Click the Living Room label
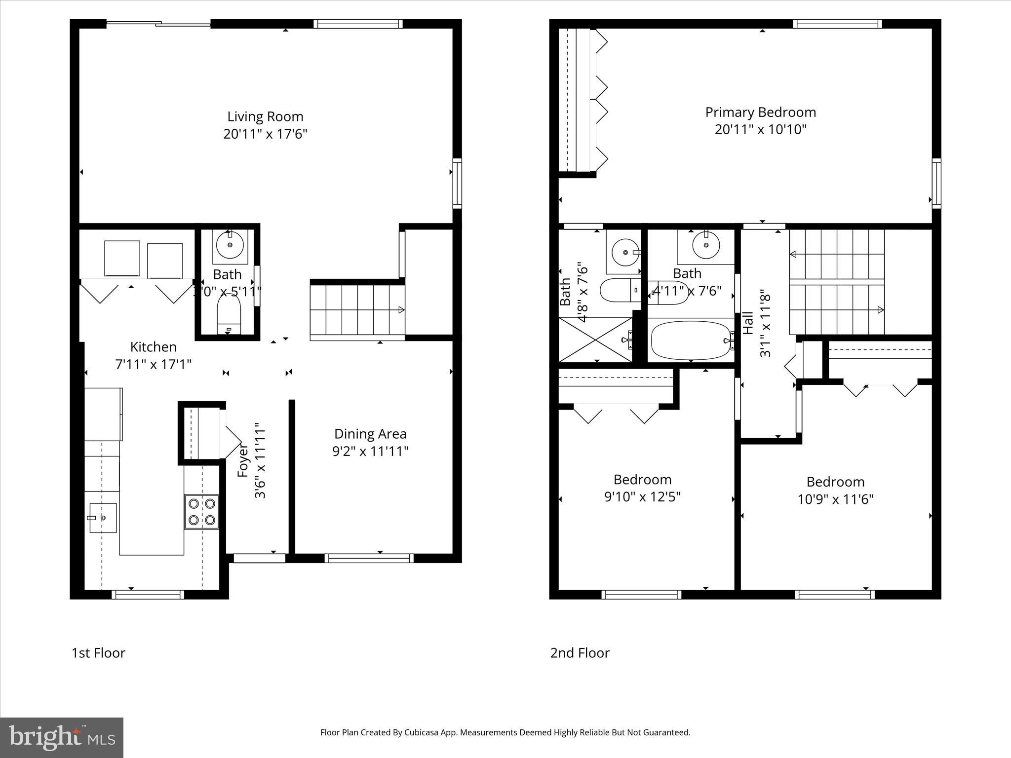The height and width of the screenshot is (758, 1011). point(265,117)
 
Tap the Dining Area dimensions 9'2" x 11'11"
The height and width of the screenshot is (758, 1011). point(370,452)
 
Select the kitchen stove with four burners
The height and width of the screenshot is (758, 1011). point(202,512)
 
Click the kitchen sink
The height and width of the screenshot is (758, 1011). point(103,518)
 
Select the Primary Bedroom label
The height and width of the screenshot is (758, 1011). point(760,113)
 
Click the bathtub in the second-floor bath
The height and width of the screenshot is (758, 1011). point(691,341)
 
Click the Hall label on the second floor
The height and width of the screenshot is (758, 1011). point(748,323)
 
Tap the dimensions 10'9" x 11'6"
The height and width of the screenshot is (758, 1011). point(835,499)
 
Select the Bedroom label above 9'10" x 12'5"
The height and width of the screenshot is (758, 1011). point(642,480)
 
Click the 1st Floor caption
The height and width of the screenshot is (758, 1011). point(98,653)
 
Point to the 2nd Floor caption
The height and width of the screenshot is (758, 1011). point(580,653)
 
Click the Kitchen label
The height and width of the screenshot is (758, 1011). point(153,347)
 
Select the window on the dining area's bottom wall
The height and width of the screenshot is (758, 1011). point(369,558)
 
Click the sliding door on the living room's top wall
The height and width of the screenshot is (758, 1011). point(158,23)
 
